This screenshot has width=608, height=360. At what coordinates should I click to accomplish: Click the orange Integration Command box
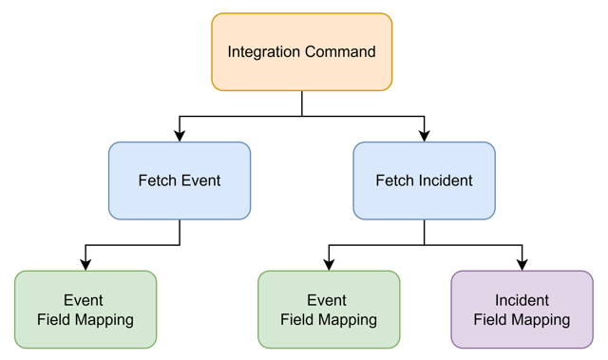tap(302, 51)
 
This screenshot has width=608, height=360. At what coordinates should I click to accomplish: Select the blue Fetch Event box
tap(180, 180)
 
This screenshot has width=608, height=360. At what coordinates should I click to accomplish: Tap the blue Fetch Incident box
tap(424, 180)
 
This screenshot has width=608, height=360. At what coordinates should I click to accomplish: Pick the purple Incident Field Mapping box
tap(522, 310)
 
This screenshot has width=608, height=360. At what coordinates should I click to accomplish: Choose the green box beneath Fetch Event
tap(85, 310)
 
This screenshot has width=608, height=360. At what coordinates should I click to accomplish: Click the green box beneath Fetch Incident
tap(329, 310)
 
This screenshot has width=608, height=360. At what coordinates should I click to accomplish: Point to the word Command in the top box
tap(340, 51)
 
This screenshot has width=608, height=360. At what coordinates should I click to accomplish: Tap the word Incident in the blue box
tap(446, 180)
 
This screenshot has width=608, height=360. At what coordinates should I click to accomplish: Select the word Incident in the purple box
tap(522, 300)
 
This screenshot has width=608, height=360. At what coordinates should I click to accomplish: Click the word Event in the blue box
tap(201, 180)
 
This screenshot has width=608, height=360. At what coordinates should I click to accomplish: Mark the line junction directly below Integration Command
tap(302, 116)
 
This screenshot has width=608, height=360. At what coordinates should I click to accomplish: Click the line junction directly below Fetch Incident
tap(425, 245)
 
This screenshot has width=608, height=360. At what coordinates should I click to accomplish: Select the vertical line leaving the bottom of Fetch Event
tap(180, 232)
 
